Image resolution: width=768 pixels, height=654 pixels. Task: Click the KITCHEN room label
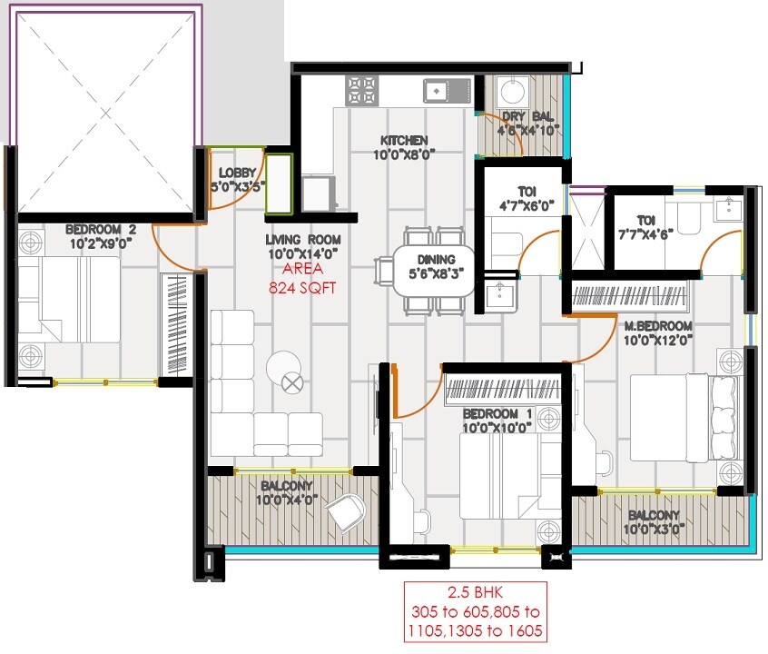404,141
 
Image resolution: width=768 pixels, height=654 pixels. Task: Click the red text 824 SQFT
303,288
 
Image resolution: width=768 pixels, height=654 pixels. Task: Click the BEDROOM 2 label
101,230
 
